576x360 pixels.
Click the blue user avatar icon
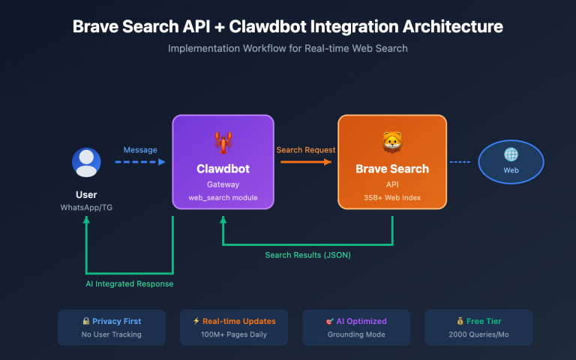tap(86, 163)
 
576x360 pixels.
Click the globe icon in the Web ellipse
tap(511, 154)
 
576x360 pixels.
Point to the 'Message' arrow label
tap(140, 150)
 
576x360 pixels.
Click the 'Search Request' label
tap(305, 150)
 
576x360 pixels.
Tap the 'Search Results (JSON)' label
tap(307, 255)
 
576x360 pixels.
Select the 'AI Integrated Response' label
tap(129, 283)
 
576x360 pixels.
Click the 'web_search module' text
tap(223, 197)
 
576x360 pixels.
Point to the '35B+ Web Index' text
tap(391, 197)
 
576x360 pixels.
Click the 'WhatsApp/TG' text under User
tap(86, 206)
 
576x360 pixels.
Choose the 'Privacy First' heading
tap(115, 321)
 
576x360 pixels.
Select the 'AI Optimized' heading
tap(360, 321)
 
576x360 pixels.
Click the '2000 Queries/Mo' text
tap(478, 334)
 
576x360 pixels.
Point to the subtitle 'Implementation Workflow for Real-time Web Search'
tap(288, 48)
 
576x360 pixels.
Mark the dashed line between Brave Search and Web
tap(459, 162)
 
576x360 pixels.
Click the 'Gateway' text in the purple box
tap(223, 184)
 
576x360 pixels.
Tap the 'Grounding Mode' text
tap(356, 334)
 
